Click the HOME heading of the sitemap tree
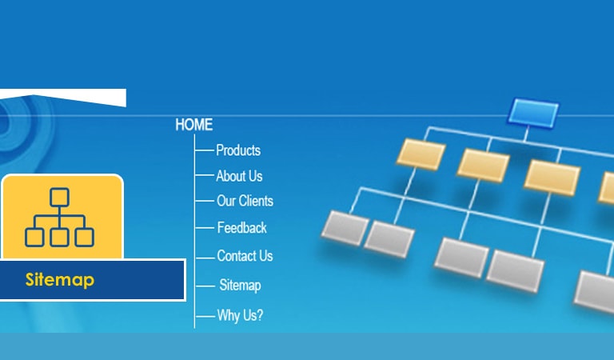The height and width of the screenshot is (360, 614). click(x=193, y=125)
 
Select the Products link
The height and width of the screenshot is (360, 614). click(x=238, y=150)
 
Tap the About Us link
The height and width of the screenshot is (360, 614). click(x=239, y=176)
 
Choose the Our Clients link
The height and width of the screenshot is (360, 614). click(x=245, y=201)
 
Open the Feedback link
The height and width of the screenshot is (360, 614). click(x=241, y=227)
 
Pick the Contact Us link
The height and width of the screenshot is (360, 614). click(x=245, y=256)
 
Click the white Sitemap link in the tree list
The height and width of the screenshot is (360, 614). click(x=240, y=285)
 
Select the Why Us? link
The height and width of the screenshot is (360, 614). click(x=240, y=315)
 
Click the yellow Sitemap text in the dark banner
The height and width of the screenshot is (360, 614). click(x=60, y=280)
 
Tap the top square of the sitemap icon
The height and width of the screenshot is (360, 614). click(x=59, y=198)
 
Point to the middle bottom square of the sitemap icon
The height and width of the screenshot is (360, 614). click(x=59, y=238)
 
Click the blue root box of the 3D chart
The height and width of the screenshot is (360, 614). click(x=533, y=113)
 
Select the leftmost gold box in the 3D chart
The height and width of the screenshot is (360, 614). click(x=421, y=154)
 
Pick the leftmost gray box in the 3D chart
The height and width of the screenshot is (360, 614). click(x=345, y=228)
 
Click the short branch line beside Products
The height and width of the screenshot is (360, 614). click(x=205, y=150)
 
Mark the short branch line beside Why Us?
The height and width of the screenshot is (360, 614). click(x=205, y=316)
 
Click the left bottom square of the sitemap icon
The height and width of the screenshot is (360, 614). click(x=34, y=238)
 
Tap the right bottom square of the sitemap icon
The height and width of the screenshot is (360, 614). click(x=84, y=238)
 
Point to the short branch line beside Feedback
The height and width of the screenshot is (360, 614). click(x=205, y=227)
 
